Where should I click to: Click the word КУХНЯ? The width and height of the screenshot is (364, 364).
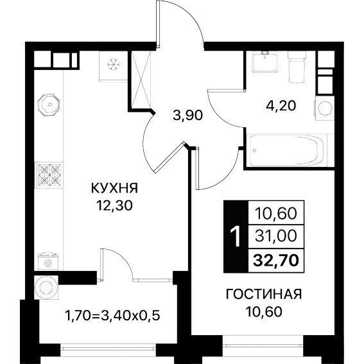[115, 188]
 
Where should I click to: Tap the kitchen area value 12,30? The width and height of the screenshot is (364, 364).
[115, 205]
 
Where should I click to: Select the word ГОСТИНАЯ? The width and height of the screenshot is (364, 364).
[264, 294]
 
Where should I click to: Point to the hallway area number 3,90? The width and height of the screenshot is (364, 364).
[188, 116]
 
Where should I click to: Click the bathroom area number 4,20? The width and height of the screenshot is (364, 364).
[281, 106]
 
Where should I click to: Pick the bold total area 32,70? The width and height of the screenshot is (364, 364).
[276, 260]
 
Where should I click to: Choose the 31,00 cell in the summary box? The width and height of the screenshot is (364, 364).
[276, 236]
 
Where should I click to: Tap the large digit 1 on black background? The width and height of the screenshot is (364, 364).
[236, 237]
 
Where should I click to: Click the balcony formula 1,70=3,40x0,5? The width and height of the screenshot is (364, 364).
[112, 315]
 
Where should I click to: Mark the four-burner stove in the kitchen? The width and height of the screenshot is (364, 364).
[49, 175]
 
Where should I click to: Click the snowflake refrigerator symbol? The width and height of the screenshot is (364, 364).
[113, 64]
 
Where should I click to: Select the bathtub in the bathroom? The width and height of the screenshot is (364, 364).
[288, 150]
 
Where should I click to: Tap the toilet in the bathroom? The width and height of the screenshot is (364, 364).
[296, 67]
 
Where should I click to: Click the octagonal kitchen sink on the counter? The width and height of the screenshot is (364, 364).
[49, 104]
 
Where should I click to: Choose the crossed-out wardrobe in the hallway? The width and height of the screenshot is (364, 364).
[141, 80]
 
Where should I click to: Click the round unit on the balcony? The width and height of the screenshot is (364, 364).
[46, 288]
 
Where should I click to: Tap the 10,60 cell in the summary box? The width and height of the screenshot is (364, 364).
[276, 213]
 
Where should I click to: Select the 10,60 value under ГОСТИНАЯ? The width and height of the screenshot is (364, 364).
[264, 311]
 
